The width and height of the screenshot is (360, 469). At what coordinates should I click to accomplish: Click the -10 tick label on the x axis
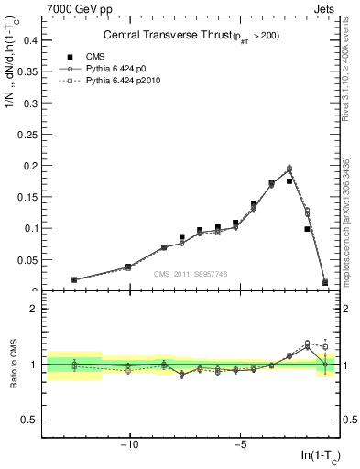pos(130,446)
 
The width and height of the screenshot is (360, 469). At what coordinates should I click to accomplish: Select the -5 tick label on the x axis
pos(240,446)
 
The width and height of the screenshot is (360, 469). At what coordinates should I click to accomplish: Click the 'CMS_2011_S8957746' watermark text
pos(191,274)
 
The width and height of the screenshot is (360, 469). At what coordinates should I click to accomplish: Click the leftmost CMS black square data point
pos(74,280)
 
